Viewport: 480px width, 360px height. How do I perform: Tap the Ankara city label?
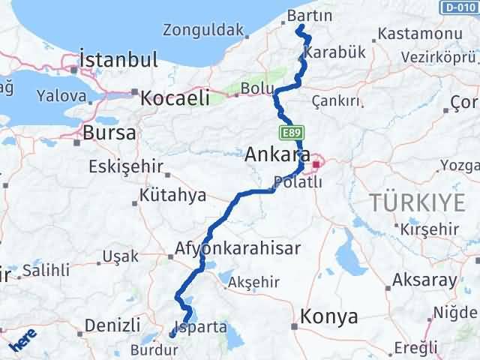[x=277, y=155]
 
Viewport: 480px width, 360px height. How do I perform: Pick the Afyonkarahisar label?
[x=238, y=248]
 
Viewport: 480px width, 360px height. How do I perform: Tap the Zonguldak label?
[x=203, y=31]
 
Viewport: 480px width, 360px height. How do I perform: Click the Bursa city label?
[x=110, y=133]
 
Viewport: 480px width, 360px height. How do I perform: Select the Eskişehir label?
[x=125, y=166]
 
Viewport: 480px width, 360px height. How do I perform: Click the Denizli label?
[x=112, y=325]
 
